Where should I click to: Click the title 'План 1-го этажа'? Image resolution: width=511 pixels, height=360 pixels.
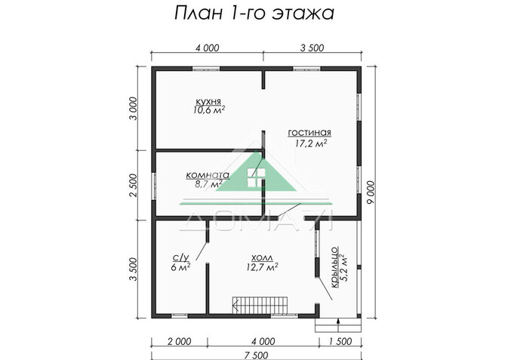[254, 14]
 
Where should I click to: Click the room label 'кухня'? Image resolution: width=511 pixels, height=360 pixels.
[208, 100]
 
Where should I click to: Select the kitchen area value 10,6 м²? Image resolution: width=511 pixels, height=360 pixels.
[208, 110]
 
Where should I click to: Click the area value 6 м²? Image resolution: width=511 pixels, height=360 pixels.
[180, 266]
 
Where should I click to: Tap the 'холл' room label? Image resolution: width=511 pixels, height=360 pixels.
[262, 257]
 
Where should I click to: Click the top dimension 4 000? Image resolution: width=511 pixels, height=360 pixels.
[207, 48]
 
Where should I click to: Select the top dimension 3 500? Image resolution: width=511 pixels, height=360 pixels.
[311, 48]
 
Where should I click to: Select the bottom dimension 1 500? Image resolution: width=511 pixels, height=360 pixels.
[340, 341]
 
